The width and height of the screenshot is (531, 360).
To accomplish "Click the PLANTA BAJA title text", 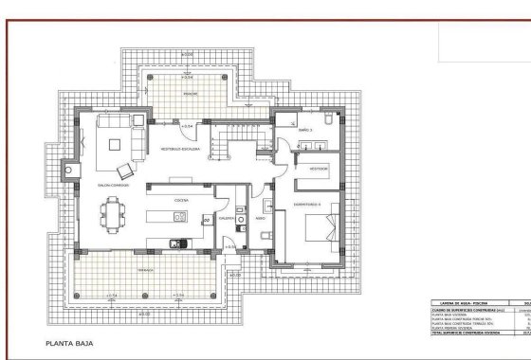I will (71, 347).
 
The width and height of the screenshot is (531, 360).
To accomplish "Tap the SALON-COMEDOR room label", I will (112, 186).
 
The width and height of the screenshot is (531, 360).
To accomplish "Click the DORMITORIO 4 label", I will (308, 205).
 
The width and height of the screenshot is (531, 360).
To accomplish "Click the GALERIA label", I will (227, 217).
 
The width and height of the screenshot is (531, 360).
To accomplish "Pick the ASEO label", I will (259, 217).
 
